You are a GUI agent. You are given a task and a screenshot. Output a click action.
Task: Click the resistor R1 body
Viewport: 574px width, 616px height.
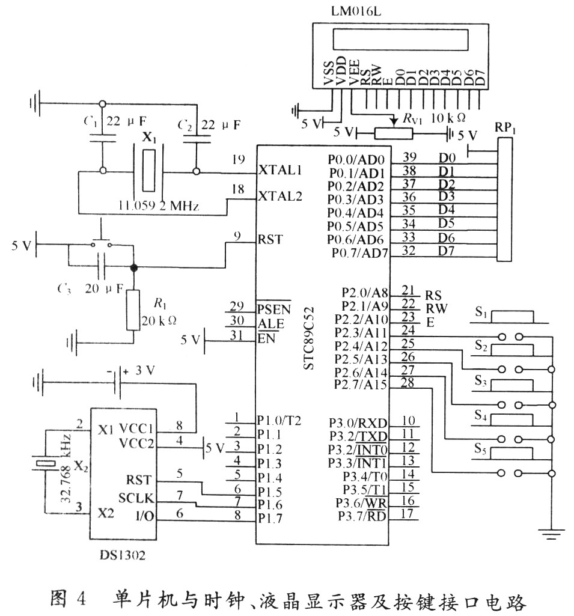pos(133,310)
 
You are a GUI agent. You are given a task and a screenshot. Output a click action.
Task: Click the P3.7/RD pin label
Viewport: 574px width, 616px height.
pos(361,515)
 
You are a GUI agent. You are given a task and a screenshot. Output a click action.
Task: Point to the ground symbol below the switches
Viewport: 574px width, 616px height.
pos(551,531)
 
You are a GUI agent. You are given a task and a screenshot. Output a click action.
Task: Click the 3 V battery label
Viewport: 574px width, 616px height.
pos(145,371)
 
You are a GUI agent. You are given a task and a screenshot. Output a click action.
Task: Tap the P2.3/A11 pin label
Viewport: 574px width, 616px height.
pos(363,332)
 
